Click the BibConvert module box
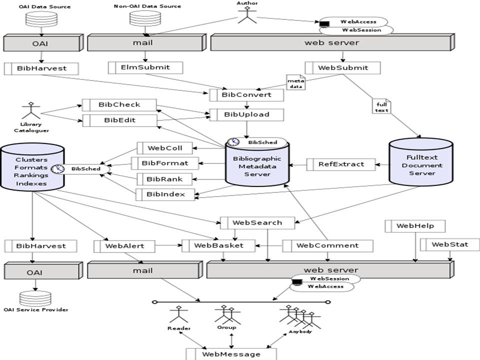tap(246, 95)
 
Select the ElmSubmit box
tap(145, 67)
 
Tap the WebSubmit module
tap(342, 68)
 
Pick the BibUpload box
tap(246, 115)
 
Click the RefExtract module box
tap(340, 164)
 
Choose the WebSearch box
tap(257, 223)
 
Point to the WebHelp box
tap(415, 226)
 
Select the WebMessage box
tap(231, 354)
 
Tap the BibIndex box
tap(165, 194)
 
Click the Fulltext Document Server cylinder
tap(421, 162)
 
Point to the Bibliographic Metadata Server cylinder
tap(257, 164)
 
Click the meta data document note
tap(295, 82)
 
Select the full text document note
tap(381, 106)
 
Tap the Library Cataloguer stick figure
tap(30, 110)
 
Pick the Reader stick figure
tap(179, 314)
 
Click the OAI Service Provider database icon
tap(35, 298)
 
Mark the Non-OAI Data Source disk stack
tap(145, 18)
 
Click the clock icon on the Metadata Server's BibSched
tap(233, 142)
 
